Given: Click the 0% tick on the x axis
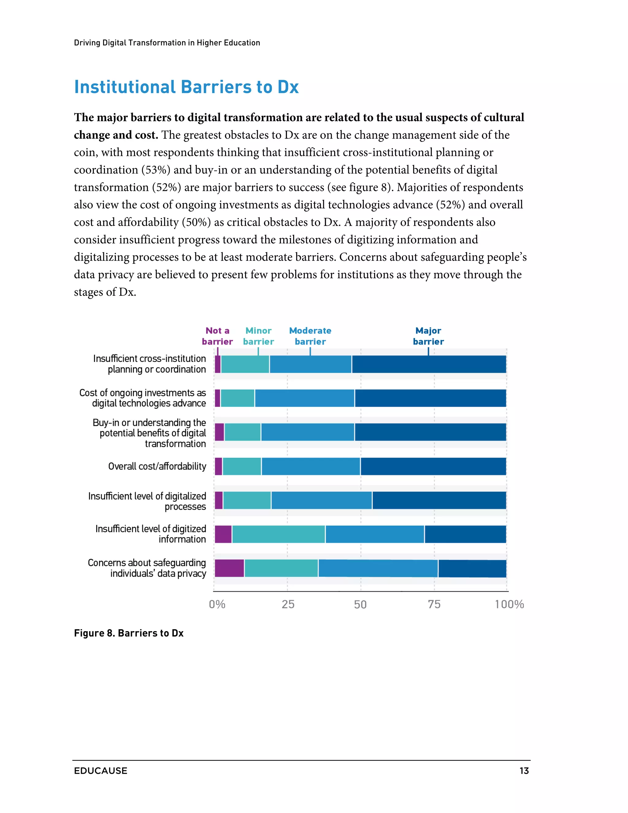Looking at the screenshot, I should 217,604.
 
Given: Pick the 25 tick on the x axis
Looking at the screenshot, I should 288,604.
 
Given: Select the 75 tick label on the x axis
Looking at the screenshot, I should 434,604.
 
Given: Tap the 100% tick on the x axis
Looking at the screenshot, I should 509,604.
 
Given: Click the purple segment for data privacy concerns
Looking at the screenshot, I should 229,568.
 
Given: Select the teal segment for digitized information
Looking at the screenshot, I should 278,534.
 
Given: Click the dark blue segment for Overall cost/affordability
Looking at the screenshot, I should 433,466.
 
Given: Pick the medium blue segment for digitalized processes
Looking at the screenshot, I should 321,500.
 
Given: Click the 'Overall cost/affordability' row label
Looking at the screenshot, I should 157,466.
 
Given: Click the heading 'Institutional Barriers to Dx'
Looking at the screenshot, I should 186,87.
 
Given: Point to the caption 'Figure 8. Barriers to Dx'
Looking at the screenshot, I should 129,633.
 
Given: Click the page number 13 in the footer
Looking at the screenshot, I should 524,771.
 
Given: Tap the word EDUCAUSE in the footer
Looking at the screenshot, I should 101,771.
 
